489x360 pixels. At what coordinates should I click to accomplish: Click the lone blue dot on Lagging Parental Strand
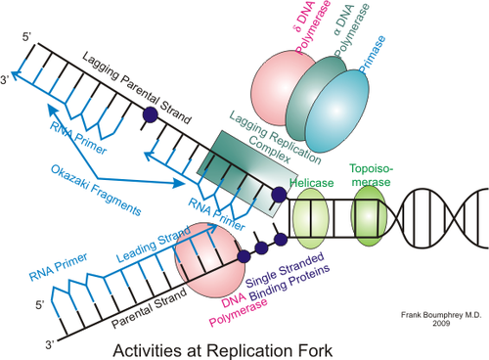pos(150,114)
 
